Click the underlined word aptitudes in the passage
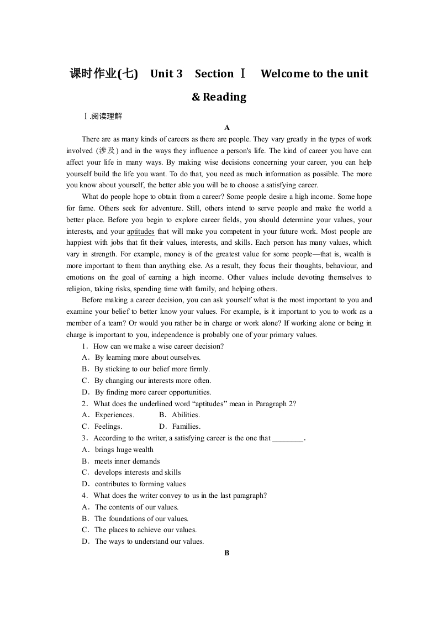pos(140,231)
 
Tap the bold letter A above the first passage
pos(226,127)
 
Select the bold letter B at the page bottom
pos(226,553)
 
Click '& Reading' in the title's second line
pos(219,97)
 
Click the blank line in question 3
pos(288,438)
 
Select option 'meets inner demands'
pos(127,461)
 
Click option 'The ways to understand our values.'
pos(149,542)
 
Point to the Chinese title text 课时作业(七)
pos(104,73)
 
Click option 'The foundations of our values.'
pos(141,519)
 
